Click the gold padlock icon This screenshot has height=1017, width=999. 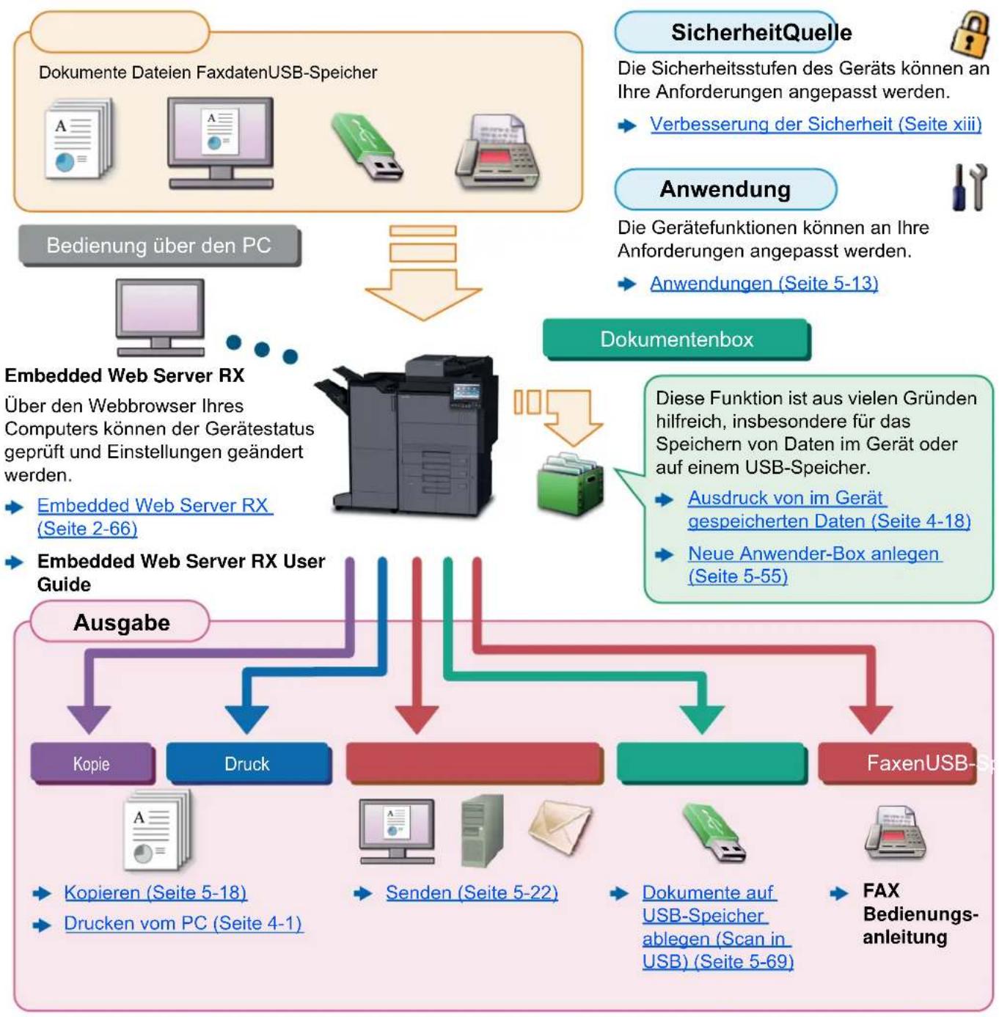969,35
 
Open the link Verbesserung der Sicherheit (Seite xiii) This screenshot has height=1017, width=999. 815,124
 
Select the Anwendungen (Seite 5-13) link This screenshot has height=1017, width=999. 763,284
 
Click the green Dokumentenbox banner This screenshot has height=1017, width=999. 676,339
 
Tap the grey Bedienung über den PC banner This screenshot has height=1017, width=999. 159,246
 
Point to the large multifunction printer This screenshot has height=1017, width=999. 406,436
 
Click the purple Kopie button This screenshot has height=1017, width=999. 92,763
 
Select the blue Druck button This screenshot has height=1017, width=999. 248,763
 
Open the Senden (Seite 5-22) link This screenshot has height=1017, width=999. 471,892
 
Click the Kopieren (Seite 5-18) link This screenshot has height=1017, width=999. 155,892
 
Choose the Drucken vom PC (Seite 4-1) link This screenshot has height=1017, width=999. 183,923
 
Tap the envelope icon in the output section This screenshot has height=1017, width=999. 560,827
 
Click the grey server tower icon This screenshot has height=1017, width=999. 482,831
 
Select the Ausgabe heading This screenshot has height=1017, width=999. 122,623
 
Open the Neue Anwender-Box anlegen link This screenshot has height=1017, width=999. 815,564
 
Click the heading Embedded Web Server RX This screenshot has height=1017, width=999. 125,375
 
